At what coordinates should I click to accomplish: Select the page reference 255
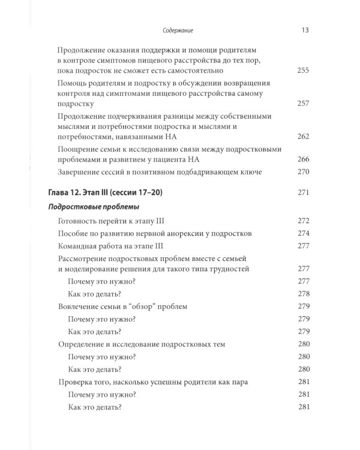pos(304,71)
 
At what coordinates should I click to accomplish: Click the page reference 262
pos(304,137)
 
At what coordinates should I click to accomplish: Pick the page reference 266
pos(304,160)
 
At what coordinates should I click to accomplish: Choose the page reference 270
pos(304,173)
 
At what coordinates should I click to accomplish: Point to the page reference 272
pos(304,221)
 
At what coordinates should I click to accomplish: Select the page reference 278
pos(304,294)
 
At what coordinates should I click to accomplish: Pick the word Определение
pos(85,344)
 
